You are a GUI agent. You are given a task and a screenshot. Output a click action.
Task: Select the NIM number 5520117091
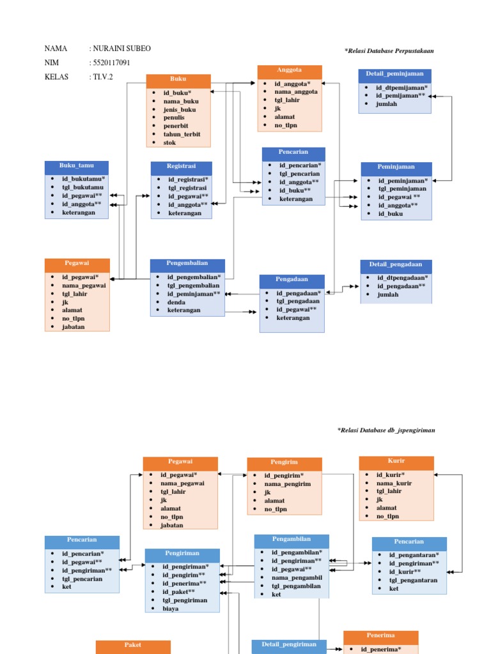click(x=116, y=63)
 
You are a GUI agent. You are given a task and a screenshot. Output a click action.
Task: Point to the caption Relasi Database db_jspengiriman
click(x=386, y=430)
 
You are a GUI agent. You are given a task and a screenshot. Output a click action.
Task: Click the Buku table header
click(x=178, y=79)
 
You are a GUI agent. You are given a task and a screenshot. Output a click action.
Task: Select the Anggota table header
click(x=290, y=70)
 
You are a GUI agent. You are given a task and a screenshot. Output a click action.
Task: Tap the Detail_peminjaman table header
click(x=394, y=74)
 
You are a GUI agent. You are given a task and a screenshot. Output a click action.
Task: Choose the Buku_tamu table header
click(x=76, y=166)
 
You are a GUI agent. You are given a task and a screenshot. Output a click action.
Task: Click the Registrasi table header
click(x=181, y=166)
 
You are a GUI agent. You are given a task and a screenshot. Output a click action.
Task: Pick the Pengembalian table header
click(x=187, y=263)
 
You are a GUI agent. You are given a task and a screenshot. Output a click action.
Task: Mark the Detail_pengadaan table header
click(x=395, y=264)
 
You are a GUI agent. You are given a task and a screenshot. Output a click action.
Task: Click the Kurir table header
click(x=396, y=461)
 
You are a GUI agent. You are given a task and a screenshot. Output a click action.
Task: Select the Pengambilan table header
click(x=292, y=540)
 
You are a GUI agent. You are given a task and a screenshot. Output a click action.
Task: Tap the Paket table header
click(x=133, y=646)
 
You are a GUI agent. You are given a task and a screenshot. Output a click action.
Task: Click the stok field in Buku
click(x=170, y=142)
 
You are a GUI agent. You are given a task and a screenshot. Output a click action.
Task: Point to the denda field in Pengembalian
click(x=176, y=302)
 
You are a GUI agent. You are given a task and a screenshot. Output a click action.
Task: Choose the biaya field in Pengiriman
click(x=170, y=609)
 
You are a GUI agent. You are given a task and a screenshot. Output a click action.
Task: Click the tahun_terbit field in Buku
click(x=182, y=134)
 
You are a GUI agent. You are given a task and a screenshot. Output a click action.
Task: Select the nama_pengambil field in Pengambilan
click(x=297, y=577)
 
